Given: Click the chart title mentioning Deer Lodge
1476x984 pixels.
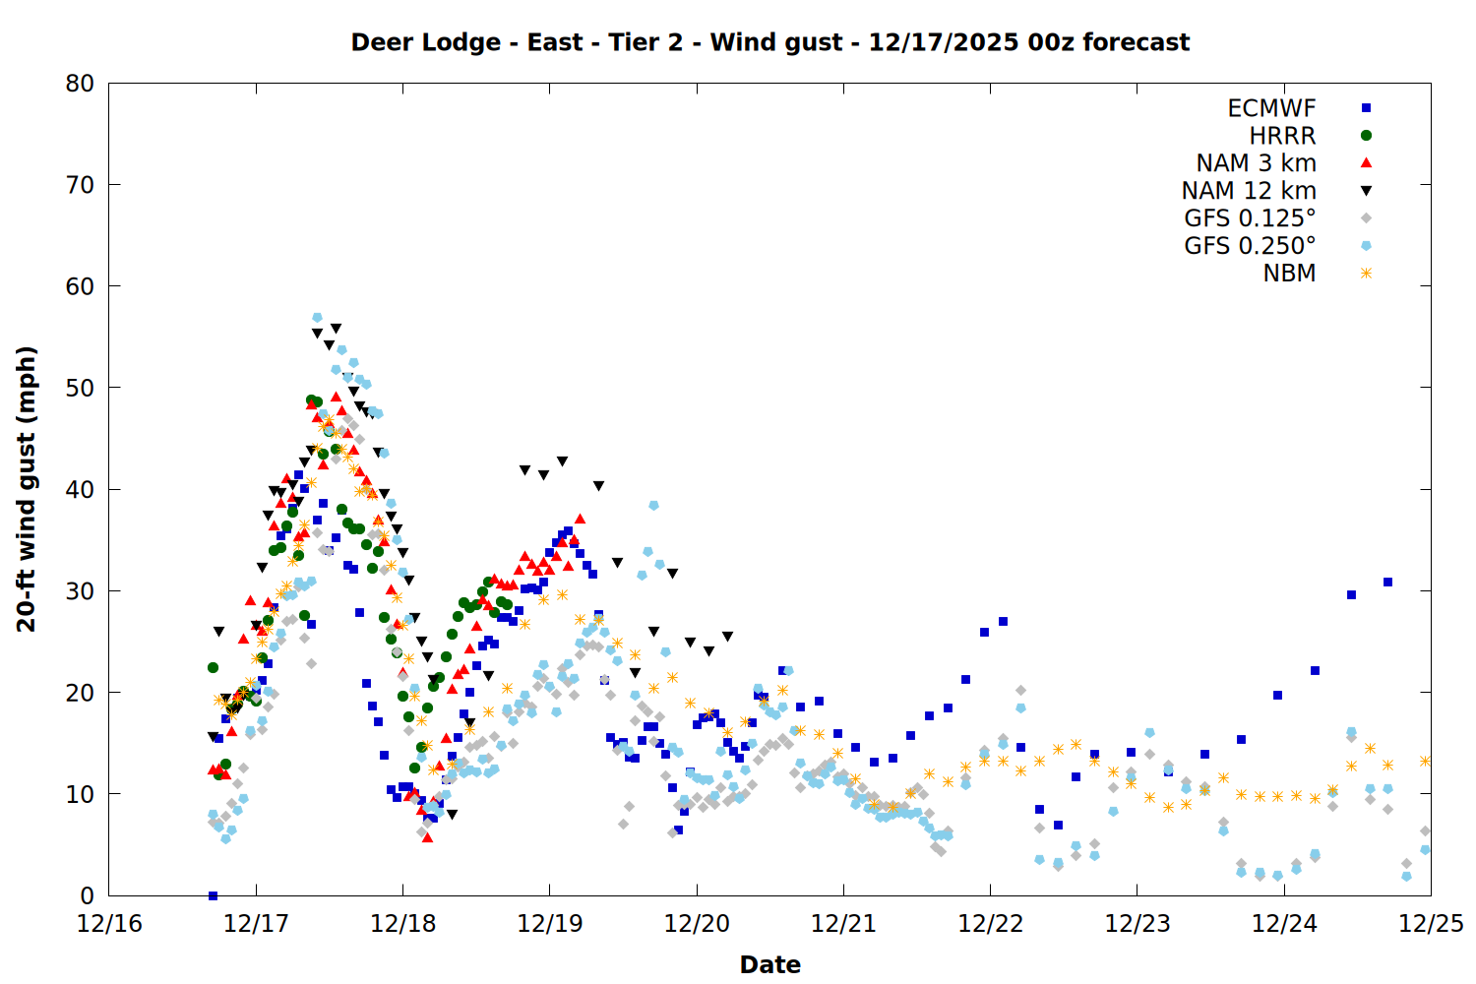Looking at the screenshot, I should [769, 42].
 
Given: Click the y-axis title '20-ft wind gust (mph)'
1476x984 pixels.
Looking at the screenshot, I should [27, 489].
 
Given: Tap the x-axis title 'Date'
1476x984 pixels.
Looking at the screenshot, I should [769, 964].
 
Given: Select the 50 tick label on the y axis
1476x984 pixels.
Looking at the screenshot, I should [80, 388].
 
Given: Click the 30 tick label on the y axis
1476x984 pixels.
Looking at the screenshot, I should [80, 590].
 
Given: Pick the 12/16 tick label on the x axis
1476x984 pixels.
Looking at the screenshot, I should [108, 924].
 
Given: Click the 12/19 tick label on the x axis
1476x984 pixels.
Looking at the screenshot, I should [549, 924].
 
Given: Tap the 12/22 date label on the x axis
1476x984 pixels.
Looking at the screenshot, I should [990, 924].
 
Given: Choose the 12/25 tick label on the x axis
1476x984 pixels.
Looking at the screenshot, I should [1431, 924].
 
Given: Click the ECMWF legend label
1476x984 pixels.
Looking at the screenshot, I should [1271, 108].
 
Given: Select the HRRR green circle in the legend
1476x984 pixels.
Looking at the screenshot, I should [1366, 136].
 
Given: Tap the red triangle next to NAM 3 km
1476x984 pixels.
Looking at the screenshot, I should [1366, 162].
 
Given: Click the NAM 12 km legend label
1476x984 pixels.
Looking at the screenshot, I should [1249, 191].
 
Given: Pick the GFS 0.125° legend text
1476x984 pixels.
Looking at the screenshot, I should [1250, 218].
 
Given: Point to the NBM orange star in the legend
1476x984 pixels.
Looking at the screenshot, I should [1366, 274].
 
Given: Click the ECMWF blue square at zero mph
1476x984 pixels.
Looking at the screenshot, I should [213, 895].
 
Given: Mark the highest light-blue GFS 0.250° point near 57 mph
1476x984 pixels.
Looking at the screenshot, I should [317, 318].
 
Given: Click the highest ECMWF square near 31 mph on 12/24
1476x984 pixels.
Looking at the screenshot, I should [1387, 582].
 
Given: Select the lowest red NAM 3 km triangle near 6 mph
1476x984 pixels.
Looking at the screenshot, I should [427, 837].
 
